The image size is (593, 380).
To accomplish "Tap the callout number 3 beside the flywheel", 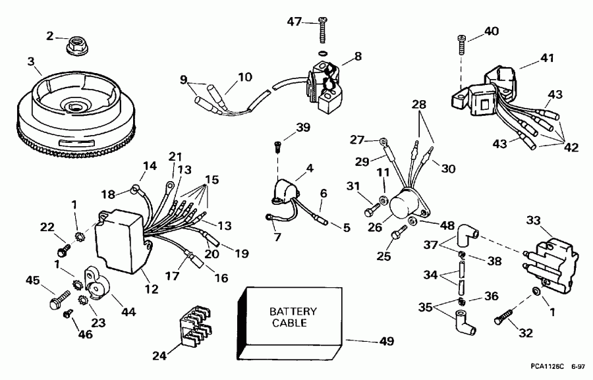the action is (x=31, y=61).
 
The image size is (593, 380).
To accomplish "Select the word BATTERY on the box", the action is (x=293, y=312).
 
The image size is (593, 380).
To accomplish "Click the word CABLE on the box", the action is (x=289, y=323).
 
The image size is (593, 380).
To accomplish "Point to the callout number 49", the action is (x=386, y=341).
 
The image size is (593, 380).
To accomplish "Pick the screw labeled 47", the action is (x=322, y=29).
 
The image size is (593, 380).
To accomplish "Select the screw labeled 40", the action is (x=462, y=45).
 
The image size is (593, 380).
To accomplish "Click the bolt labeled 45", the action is (x=60, y=300).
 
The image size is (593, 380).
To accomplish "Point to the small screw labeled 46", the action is (x=68, y=313).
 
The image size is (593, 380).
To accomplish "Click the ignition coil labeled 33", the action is (x=550, y=263).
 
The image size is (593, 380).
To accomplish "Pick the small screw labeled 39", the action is (x=277, y=147).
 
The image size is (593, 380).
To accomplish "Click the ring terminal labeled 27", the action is (x=384, y=142).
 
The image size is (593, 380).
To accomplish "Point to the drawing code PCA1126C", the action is (x=547, y=366).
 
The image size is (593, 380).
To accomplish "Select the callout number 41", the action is (x=548, y=58).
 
